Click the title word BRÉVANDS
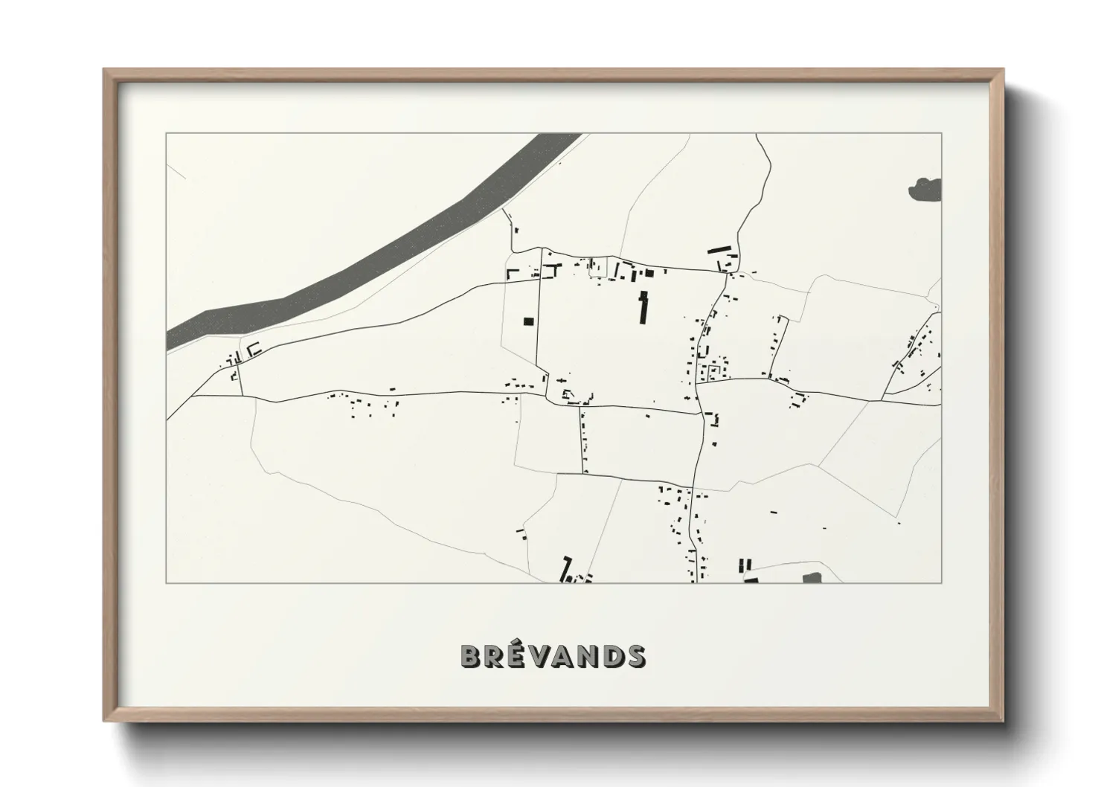coord(553,655)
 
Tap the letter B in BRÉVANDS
coord(470,655)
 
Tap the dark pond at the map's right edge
coord(925,190)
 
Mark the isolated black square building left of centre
coord(528,321)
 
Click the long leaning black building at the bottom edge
coord(566,569)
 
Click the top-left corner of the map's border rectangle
coord(167,134)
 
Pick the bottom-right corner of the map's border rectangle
coord(941,582)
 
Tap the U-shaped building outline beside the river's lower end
coord(254,348)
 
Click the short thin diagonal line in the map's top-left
coord(176,172)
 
